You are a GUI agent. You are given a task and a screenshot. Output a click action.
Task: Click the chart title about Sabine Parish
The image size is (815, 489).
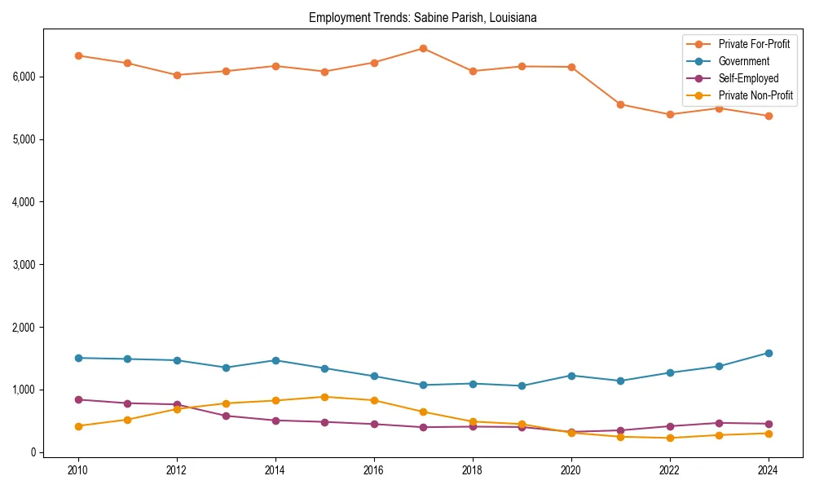422,18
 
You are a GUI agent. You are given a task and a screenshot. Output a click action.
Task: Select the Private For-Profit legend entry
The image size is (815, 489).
754,44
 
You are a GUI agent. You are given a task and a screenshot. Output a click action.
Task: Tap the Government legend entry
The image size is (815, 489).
743,61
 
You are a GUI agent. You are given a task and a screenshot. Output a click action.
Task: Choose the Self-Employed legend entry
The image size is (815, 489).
748,78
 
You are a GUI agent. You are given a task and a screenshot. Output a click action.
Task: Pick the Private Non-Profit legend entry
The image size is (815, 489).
756,95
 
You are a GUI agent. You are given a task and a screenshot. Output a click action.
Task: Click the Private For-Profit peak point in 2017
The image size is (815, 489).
423,48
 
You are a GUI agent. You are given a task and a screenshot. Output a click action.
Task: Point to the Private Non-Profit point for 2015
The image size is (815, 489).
324,397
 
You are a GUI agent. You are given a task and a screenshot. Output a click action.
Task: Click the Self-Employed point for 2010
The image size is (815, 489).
78,399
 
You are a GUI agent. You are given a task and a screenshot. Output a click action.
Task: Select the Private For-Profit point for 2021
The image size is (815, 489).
620,104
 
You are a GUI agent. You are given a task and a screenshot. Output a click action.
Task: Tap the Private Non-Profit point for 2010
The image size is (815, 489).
78,426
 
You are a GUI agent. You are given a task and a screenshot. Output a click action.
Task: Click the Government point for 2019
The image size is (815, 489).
522,385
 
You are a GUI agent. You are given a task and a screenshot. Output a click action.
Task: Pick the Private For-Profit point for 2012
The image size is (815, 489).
177,75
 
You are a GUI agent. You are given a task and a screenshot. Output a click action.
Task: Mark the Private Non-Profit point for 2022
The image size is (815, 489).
670,438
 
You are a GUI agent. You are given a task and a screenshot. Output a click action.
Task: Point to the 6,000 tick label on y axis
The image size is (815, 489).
24,77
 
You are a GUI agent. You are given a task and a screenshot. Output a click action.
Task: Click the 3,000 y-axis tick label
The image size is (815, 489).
24,265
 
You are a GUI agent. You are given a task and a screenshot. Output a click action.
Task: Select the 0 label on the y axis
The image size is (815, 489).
33,453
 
